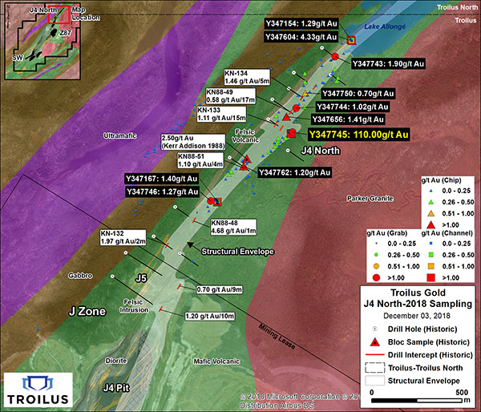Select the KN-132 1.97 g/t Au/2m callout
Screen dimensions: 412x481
tap(123, 236)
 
